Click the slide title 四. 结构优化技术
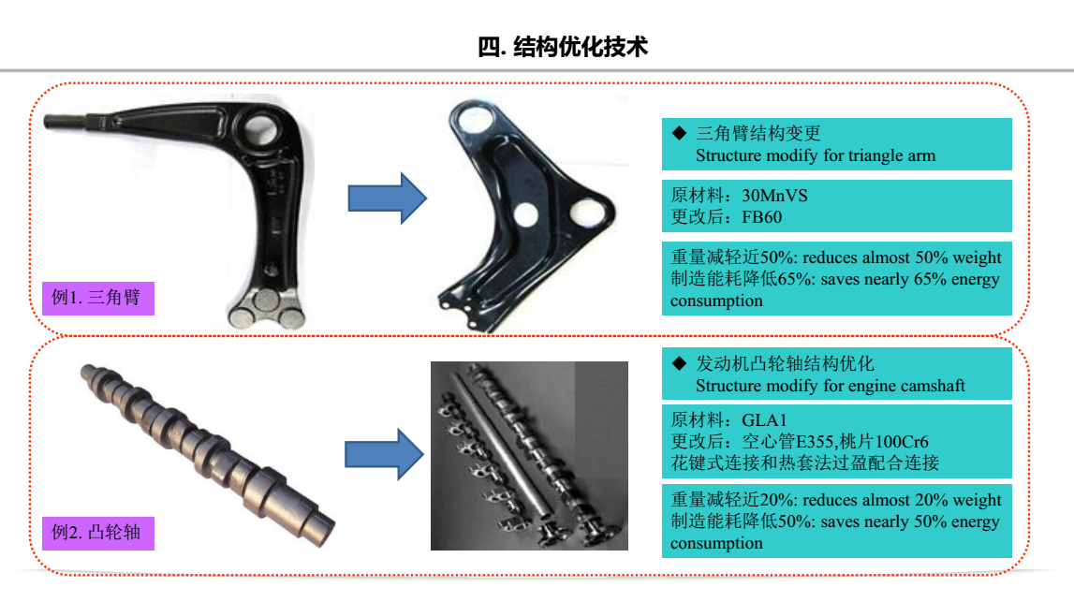point(563,47)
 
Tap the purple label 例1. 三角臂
point(98,298)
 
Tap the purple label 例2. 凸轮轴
point(98,533)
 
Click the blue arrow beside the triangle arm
point(388,198)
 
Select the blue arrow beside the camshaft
point(384,454)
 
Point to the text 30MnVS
point(774,196)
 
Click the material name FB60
point(761,217)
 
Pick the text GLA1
point(764,419)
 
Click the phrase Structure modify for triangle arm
point(815,156)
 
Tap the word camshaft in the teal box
point(933,387)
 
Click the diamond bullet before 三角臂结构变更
point(679,133)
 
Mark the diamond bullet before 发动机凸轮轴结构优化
point(679,363)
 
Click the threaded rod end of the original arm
point(65,122)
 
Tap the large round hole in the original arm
point(261,129)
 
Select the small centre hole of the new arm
point(525,214)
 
